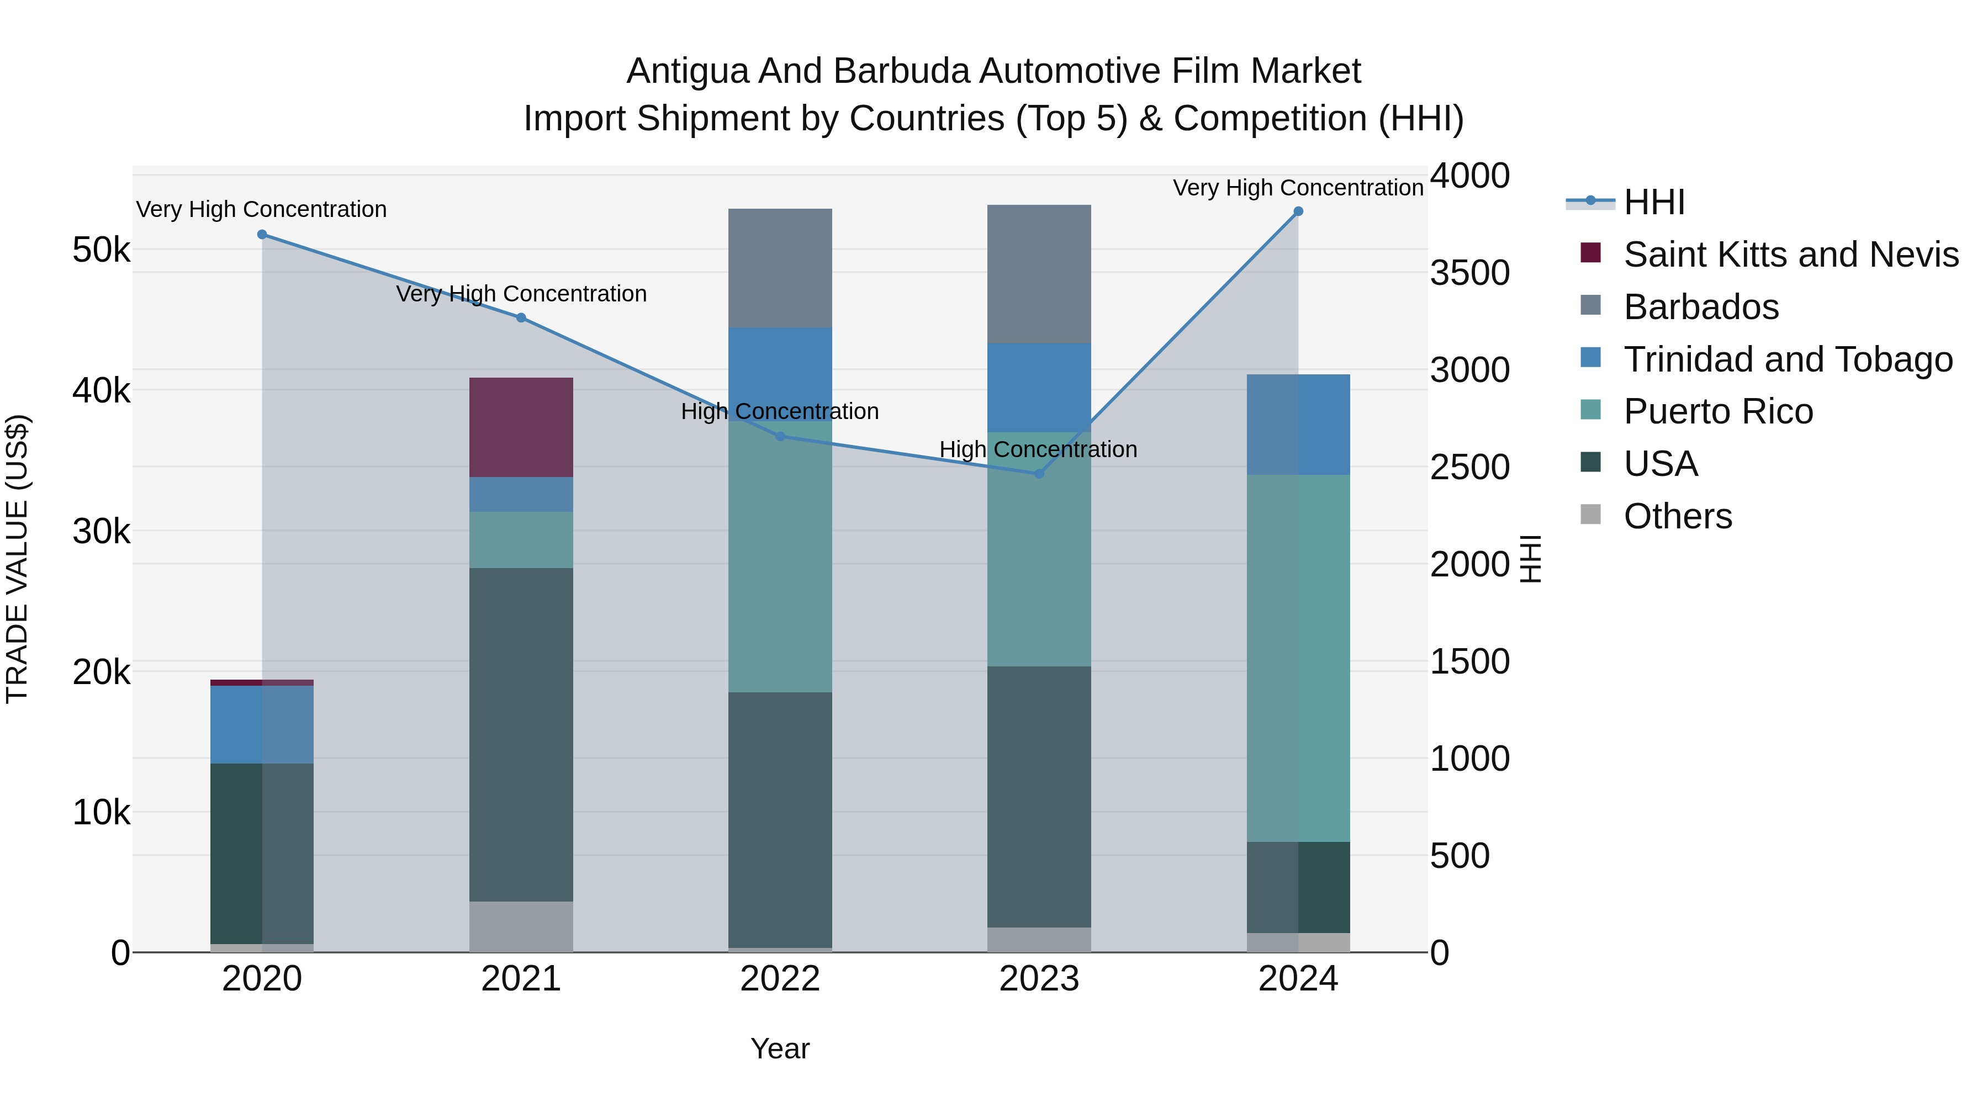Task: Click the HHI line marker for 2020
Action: point(262,235)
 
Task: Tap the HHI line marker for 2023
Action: point(1039,474)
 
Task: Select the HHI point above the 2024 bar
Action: point(1298,211)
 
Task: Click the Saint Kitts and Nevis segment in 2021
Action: point(521,427)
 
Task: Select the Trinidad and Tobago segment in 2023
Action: point(1039,388)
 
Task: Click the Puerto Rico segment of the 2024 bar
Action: point(1298,658)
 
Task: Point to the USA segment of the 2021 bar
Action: point(521,734)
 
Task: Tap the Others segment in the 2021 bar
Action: point(521,926)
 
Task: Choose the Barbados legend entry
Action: point(1701,307)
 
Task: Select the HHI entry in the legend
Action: point(1654,202)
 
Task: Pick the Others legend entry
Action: point(1677,516)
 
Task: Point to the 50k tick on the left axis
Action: point(101,250)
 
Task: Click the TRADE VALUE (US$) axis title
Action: point(17,559)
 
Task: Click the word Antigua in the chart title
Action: point(687,71)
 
